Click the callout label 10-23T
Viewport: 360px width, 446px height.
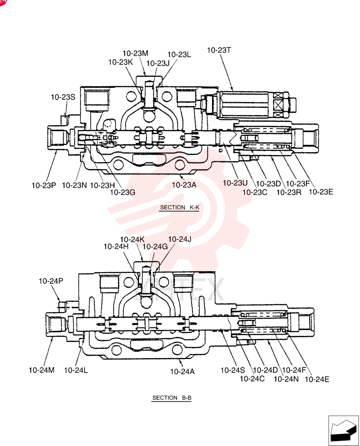click(x=219, y=50)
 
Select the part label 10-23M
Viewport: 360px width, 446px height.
click(x=135, y=54)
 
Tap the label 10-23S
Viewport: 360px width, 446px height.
click(x=63, y=97)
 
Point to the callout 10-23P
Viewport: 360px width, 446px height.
click(x=44, y=186)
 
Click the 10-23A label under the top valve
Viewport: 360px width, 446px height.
click(x=184, y=185)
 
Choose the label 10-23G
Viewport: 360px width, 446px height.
click(x=123, y=193)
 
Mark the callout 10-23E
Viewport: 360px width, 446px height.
click(x=321, y=192)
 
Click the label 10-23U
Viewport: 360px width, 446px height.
click(x=235, y=183)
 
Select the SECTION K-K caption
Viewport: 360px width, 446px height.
click(x=180, y=208)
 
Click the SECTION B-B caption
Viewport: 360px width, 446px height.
click(x=172, y=398)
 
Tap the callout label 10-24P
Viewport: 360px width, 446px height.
click(x=51, y=281)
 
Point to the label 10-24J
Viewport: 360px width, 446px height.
click(x=180, y=240)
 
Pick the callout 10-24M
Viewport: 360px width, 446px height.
click(x=41, y=370)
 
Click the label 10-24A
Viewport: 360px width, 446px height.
click(x=182, y=372)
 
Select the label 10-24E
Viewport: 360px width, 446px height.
click(x=317, y=380)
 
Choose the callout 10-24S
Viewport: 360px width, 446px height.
click(x=233, y=370)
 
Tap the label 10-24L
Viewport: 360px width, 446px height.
click(x=76, y=370)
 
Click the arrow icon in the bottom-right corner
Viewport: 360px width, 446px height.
click(x=343, y=430)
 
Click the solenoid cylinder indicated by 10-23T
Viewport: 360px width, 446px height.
click(x=243, y=104)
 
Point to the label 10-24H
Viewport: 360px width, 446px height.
click(x=116, y=247)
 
